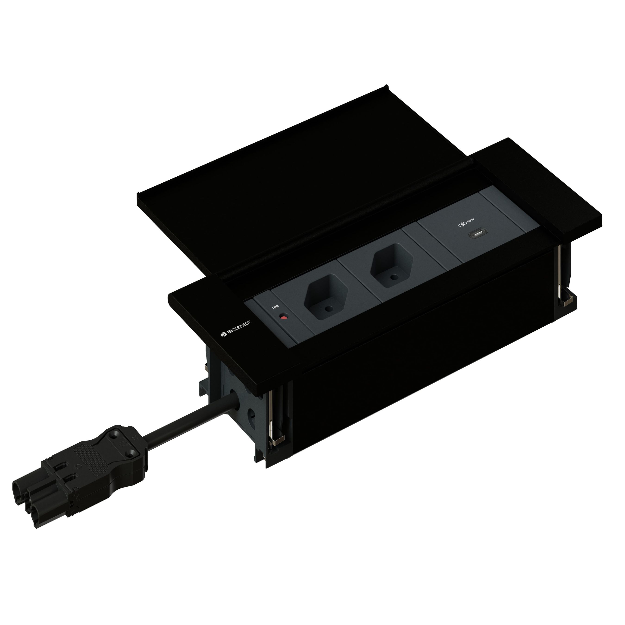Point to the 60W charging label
pyautogui.click(x=471, y=221)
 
